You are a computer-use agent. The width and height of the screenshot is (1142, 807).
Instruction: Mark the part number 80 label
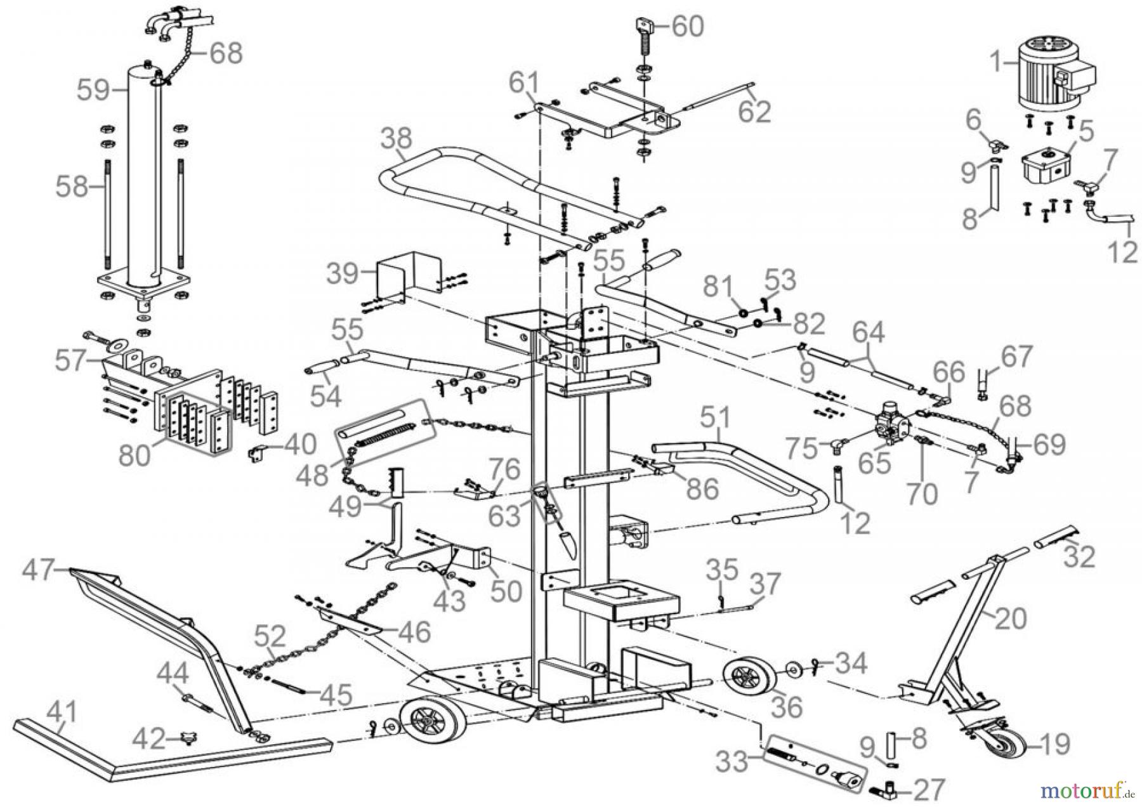[136, 454]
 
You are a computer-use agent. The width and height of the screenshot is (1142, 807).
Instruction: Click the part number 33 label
[733, 762]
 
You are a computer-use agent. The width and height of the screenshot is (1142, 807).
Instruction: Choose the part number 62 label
[755, 112]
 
